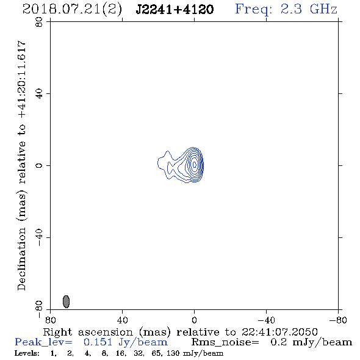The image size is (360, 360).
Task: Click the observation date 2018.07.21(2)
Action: pos(72,10)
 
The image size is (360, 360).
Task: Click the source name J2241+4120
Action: pos(175,10)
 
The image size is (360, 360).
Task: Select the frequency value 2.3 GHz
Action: pos(309,9)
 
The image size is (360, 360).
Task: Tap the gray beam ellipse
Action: pos(66,301)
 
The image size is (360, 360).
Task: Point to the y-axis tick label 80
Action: pos(39,22)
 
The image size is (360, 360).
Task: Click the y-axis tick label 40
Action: pos(39,94)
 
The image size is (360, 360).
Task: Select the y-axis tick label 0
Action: pos(39,165)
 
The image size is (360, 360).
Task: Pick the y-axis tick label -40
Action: pos(39,237)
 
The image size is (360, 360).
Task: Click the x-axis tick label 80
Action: pos(50,320)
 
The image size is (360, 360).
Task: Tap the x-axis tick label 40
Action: pos(122,320)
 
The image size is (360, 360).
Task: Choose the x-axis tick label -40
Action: pos(266,320)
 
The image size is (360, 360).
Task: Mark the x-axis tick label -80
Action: pos(338,320)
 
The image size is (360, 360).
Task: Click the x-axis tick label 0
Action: pos(194,320)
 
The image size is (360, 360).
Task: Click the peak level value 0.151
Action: pos(98,342)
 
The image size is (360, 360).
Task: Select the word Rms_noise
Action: pos(225,342)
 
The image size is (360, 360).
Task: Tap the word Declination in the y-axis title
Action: pos(21,259)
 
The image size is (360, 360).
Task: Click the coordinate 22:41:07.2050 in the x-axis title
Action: pos(279,332)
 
